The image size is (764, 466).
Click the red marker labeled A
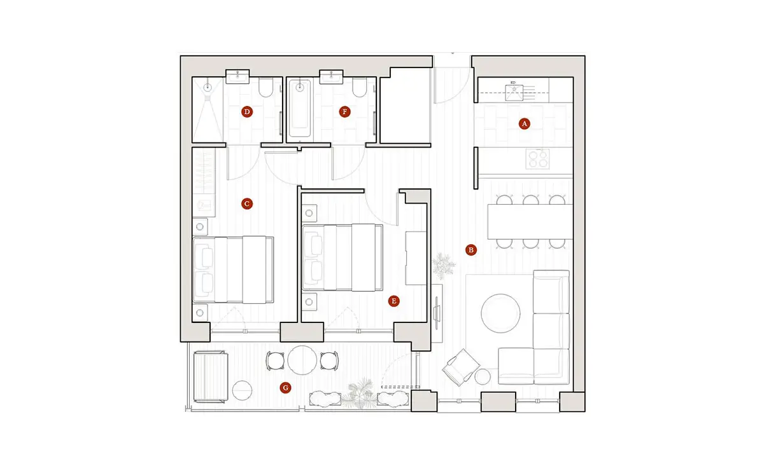tap(524, 124)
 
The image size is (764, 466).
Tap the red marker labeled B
tap(471, 250)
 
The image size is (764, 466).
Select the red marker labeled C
tap(247, 203)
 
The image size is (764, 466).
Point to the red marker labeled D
tap(247, 112)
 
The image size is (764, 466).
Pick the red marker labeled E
tap(394, 301)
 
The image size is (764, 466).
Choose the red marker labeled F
tap(344, 112)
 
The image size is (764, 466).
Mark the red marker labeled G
tap(285, 388)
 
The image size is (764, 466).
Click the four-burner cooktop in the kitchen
tap(537, 159)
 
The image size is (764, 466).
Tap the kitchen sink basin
tap(514, 93)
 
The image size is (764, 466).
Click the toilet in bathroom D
tap(265, 88)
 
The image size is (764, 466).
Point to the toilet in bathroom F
tap(360, 88)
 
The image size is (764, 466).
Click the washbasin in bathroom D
tap(237, 77)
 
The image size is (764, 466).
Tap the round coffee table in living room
tap(500, 313)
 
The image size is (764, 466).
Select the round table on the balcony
tap(302, 360)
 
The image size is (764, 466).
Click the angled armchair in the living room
tap(461, 367)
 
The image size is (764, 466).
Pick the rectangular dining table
tap(530, 222)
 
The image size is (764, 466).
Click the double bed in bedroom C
tap(233, 270)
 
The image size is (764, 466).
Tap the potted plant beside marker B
tap(443, 266)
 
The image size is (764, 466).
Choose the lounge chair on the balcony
tap(211, 378)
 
